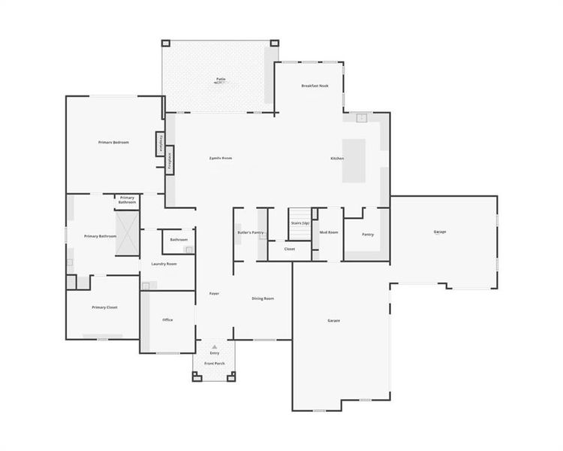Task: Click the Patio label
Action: click(221, 78)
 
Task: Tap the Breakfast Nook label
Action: click(315, 86)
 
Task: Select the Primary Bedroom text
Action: click(114, 142)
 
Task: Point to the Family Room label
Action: click(221, 158)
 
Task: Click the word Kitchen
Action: click(337, 158)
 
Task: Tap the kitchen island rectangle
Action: click(354, 160)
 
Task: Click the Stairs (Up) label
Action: click(300, 223)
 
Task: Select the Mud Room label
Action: click(329, 232)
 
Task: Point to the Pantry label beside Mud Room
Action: click(368, 235)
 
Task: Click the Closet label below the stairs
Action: click(290, 249)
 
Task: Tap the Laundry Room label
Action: click(164, 264)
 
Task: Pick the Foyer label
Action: click(214, 292)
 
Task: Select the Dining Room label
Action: click(263, 298)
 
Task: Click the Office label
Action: click(167, 319)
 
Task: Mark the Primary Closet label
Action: click(104, 307)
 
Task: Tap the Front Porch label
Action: click(215, 364)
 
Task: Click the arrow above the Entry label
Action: click(215, 347)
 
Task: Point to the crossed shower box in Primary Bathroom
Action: click(126, 234)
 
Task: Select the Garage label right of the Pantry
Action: click(440, 232)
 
